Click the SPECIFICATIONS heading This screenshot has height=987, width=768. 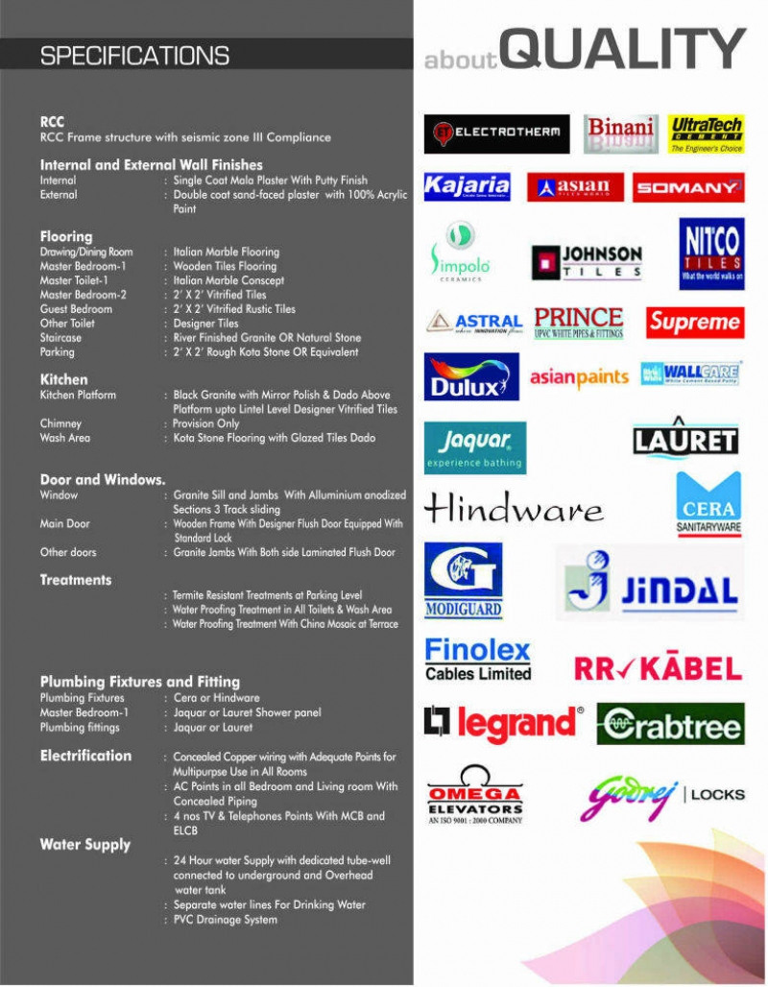(134, 57)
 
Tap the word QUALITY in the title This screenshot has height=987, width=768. (623, 50)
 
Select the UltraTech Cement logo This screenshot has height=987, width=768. (707, 134)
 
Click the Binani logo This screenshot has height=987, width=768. (620, 134)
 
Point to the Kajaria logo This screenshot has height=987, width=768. (468, 186)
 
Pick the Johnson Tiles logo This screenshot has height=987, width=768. (588, 261)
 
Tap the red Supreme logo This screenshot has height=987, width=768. (694, 323)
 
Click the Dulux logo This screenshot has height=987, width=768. (471, 376)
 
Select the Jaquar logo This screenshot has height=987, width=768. (475, 447)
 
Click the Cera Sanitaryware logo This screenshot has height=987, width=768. (708, 503)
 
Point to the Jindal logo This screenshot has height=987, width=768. (650, 583)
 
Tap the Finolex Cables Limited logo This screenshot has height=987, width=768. (478, 660)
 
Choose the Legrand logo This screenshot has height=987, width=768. (504, 724)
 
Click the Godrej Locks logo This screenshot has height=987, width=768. (662, 796)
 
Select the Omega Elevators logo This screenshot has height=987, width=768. (475, 794)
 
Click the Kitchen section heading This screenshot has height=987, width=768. (63, 379)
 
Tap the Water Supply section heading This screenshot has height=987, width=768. (84, 845)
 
